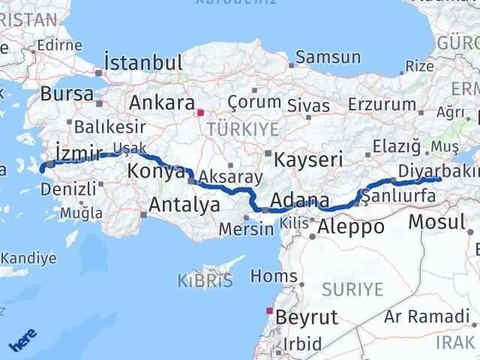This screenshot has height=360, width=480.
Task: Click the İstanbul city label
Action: [x=144, y=62]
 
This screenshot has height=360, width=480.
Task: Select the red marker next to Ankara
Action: [x=200, y=113]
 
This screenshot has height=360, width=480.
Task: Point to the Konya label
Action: [x=156, y=171]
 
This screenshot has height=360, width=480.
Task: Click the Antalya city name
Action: [x=184, y=204]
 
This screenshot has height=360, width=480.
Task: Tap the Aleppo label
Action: [x=351, y=226]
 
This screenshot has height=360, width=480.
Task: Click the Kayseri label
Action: [x=308, y=159]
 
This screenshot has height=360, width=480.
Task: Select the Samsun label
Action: [x=328, y=57]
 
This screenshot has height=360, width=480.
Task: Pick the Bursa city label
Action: [x=67, y=94]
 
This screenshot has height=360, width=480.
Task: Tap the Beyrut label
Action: [x=307, y=316]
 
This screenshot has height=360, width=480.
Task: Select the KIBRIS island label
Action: [x=205, y=281]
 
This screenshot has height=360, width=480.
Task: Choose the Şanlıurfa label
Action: [x=399, y=197]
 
